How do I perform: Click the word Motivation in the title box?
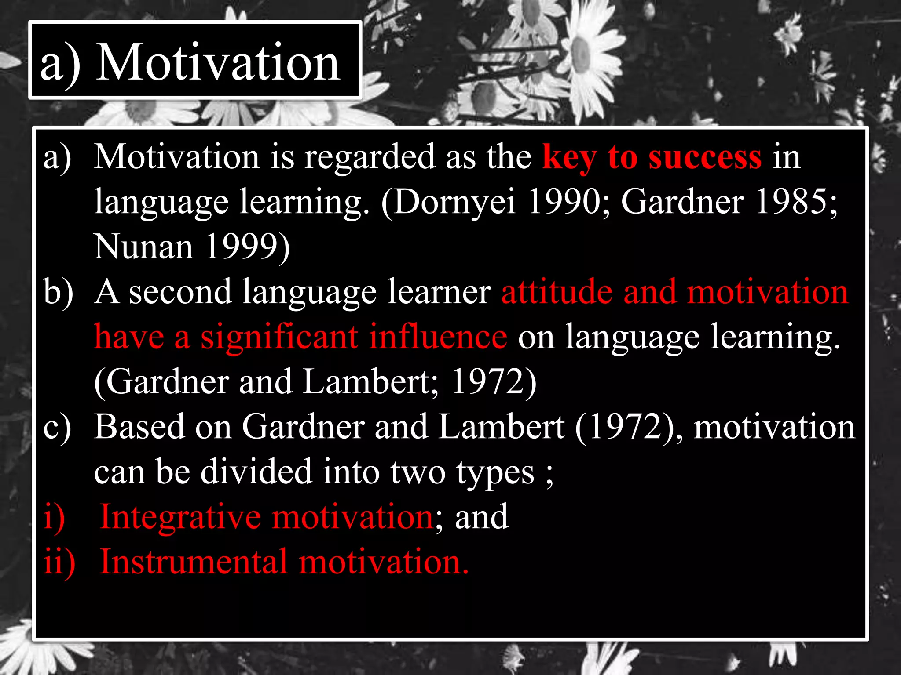218,62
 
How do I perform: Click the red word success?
705,157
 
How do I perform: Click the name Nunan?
143,247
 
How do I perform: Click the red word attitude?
557,292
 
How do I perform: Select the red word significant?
279,337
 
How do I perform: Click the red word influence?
438,337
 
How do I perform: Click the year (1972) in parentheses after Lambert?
628,427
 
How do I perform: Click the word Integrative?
180,517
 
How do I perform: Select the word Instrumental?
194,562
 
